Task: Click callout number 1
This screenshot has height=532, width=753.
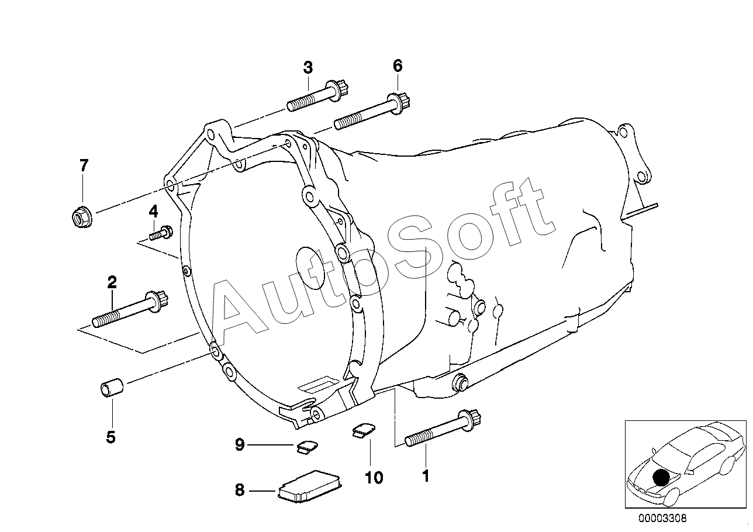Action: [426, 476]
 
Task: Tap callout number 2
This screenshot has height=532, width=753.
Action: [112, 283]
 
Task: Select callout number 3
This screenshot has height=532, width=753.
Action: [308, 67]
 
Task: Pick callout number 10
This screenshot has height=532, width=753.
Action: [374, 478]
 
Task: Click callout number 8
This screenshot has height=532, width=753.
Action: [240, 490]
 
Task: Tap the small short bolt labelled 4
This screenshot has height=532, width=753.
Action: [160, 234]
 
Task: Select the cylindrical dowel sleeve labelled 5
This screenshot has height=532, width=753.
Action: [111, 389]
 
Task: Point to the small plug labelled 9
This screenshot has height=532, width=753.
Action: [306, 446]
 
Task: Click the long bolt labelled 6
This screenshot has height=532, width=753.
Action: [374, 115]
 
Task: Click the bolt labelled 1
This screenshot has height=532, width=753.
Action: [442, 429]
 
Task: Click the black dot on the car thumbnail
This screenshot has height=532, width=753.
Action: [661, 477]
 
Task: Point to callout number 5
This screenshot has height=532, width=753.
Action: [110, 437]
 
